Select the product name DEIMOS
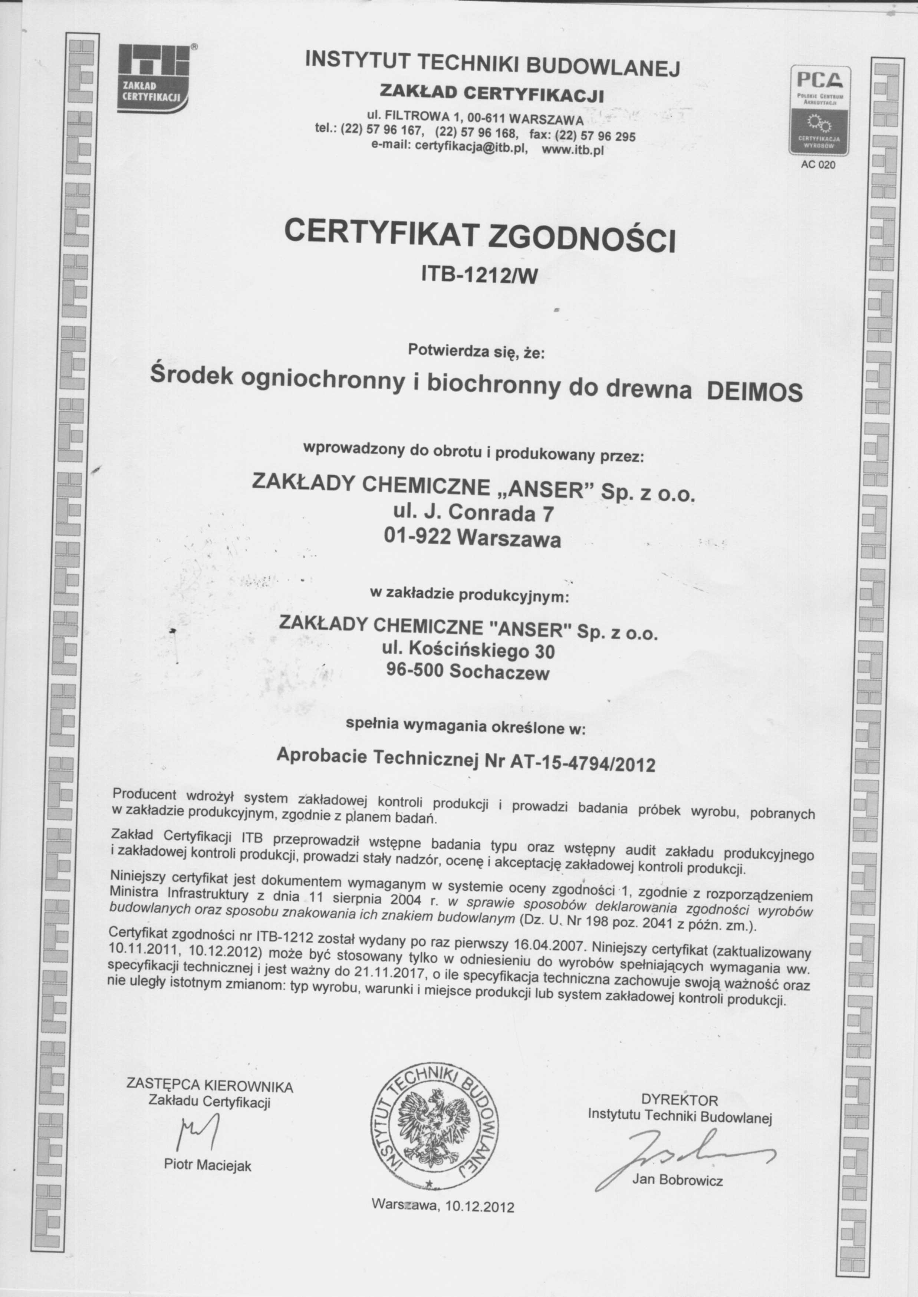coord(755,392)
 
